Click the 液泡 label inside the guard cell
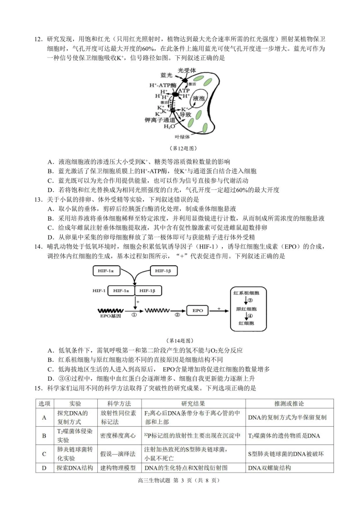pyautogui.click(x=199, y=99)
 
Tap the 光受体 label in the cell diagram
pyautogui.click(x=187, y=70)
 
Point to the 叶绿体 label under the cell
pyautogui.click(x=182, y=137)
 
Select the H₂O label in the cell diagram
pyautogui.click(x=169, y=126)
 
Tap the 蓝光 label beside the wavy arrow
pyautogui.click(x=166, y=75)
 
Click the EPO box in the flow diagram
pyautogui.click(x=198, y=310)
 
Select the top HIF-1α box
pyautogui.click(x=106, y=271)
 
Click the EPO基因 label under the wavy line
pyautogui.click(x=110, y=316)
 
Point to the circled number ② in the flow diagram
pyautogui.click(x=177, y=315)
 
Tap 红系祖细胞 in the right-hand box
pyautogui.click(x=246, y=293)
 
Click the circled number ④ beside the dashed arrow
pyautogui.click(x=250, y=316)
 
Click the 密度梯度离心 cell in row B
pyautogui.click(x=118, y=436)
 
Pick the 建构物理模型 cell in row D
pyautogui.click(x=118, y=468)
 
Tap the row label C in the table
pyautogui.click(x=44, y=454)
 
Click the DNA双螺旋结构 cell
pyautogui.click(x=269, y=468)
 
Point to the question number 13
pyautogui.click(x=38, y=199)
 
